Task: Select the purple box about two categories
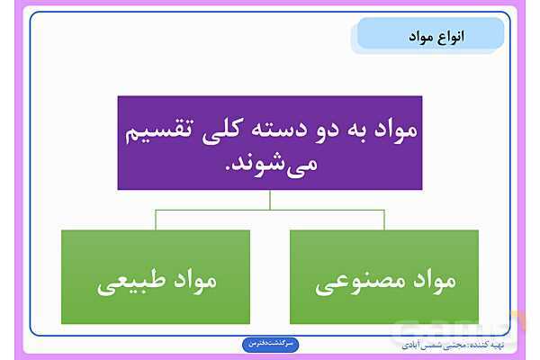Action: (x=269, y=142)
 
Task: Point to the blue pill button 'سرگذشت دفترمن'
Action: (x=270, y=344)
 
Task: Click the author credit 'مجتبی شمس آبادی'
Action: (x=427, y=344)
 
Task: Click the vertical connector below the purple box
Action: (x=270, y=200)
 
